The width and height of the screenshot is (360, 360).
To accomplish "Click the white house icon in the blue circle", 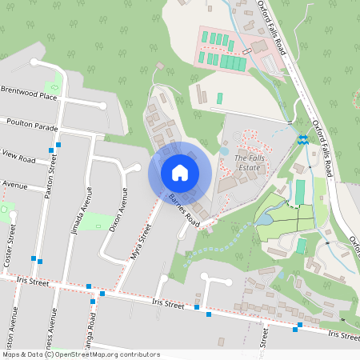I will click(180, 172).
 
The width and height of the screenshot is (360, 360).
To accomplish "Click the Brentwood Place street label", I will click(29, 94).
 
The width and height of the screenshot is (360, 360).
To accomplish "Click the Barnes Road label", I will click(184, 208).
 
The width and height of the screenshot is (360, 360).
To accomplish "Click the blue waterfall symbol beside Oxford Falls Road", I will click(302, 140).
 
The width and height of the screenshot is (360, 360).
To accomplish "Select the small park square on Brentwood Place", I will click(57, 82).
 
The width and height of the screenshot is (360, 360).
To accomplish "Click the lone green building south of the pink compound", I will click(220, 98).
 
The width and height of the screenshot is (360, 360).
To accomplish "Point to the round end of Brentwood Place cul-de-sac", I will click(102, 106).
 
